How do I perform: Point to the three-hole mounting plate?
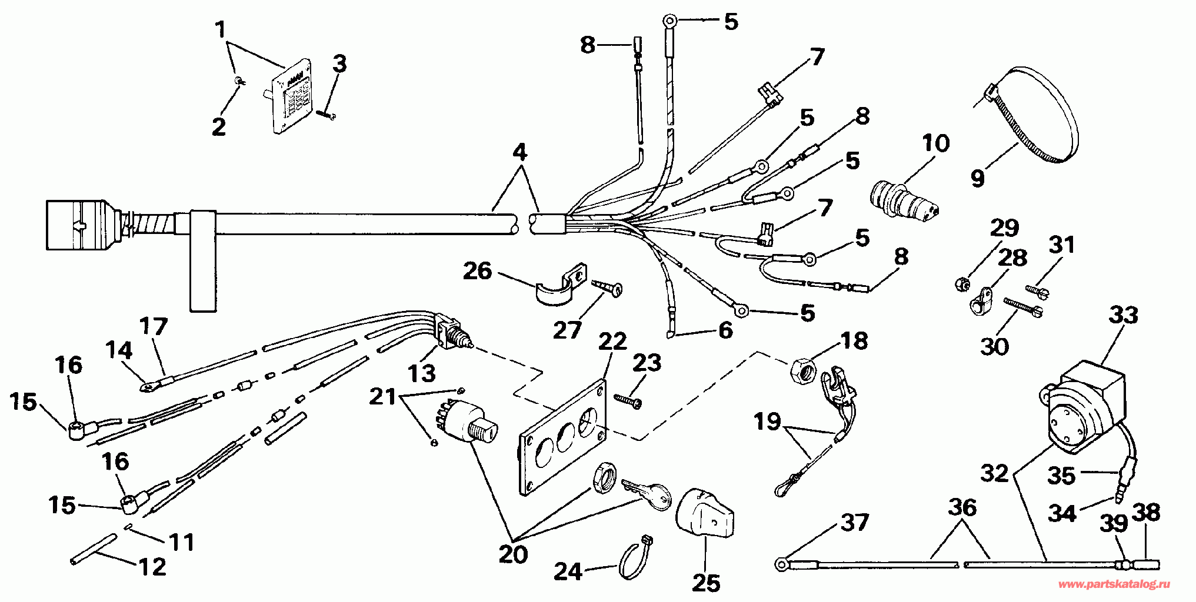(562, 437)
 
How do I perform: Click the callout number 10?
(936, 143)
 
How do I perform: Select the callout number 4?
(519, 152)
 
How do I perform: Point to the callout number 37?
(854, 523)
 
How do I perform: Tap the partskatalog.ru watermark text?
(1114, 584)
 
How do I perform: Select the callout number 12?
(152, 567)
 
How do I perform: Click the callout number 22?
(612, 342)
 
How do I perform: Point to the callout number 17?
(154, 326)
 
